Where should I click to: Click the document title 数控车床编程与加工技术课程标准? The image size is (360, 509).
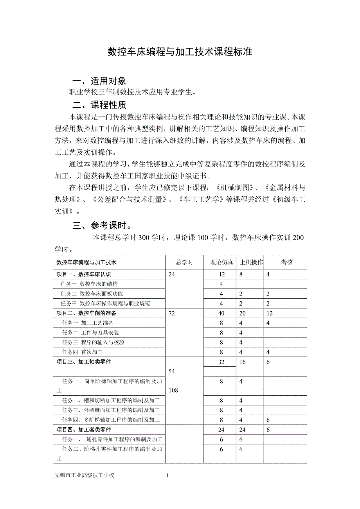pyautogui.click(x=180, y=52)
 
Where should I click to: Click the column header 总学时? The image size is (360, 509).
pyautogui.click(x=184, y=262)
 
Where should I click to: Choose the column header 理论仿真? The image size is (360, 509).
pyautogui.click(x=221, y=262)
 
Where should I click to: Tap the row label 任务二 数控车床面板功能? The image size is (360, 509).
pyautogui.click(x=92, y=294)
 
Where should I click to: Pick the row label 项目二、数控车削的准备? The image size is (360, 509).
pyautogui.click(x=86, y=313)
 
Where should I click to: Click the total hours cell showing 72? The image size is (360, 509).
pyautogui.click(x=172, y=314)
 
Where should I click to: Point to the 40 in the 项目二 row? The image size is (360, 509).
pyautogui.click(x=221, y=314)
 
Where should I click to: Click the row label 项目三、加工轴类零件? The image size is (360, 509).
pyautogui.click(x=83, y=362)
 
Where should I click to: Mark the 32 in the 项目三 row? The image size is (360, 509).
pyautogui.click(x=221, y=362)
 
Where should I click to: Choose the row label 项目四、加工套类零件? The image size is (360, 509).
pyautogui.click(x=83, y=430)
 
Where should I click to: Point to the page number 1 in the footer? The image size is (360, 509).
pyautogui.click(x=167, y=475)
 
